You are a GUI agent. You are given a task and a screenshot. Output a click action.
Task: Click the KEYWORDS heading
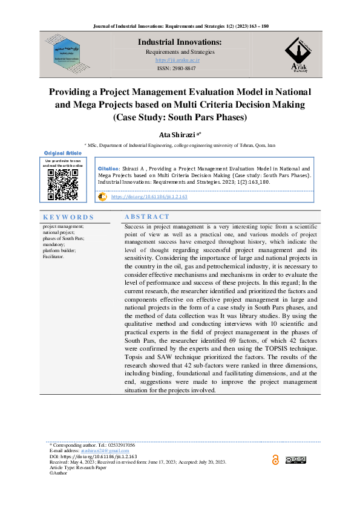[68, 217]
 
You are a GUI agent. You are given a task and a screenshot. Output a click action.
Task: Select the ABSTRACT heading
[147, 216]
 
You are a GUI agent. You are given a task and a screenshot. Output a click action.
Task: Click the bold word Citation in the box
[108, 169]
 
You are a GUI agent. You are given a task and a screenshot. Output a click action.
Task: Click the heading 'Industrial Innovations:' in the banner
[180, 42]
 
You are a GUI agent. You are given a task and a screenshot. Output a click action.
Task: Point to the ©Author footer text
[59, 473]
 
